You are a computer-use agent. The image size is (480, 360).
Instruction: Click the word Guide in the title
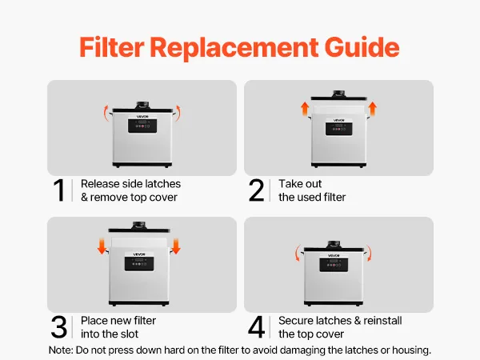tap(362, 47)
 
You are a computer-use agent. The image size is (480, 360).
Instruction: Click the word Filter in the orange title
tap(111, 47)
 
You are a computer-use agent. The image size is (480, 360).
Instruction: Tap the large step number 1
tap(58, 190)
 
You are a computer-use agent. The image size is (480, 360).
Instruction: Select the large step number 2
tap(256, 190)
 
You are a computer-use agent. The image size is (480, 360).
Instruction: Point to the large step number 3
tap(58, 327)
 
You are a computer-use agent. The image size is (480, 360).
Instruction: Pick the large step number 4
tap(256, 327)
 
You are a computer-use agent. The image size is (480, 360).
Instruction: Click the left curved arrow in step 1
tap(106, 113)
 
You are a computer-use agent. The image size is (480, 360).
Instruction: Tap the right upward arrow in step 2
tap(372, 109)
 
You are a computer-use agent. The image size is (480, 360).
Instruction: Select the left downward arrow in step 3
tap(102, 246)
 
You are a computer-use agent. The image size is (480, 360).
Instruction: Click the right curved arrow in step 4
tap(369, 253)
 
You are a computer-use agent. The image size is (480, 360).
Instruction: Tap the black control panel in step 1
tap(142, 126)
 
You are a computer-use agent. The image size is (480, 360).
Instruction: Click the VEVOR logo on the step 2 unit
tap(338, 120)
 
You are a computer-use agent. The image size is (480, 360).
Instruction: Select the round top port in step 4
tap(334, 244)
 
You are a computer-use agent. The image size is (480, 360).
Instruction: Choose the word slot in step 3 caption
tap(128, 334)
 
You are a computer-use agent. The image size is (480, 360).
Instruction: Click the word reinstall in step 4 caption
tap(382, 321)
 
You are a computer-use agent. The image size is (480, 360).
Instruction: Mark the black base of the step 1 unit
tap(142, 165)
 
